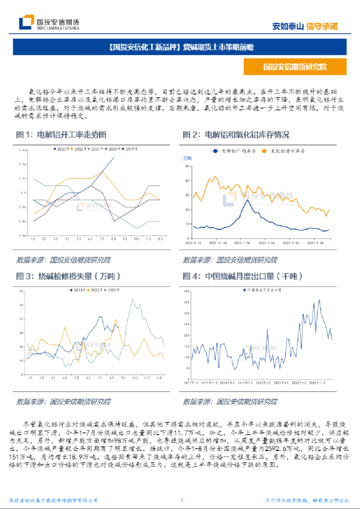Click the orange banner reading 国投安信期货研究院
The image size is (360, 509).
pyautogui.click(x=294, y=67)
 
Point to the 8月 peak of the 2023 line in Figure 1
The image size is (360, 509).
pyautogui.click(x=114, y=158)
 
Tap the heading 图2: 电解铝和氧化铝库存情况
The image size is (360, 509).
pyautogui.click(x=236, y=135)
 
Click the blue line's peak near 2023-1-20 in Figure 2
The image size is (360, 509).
pyautogui.click(x=245, y=201)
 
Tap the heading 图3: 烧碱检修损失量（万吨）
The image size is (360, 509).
pyautogui.click(x=68, y=276)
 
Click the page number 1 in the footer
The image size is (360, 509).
pyautogui.click(x=182, y=501)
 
